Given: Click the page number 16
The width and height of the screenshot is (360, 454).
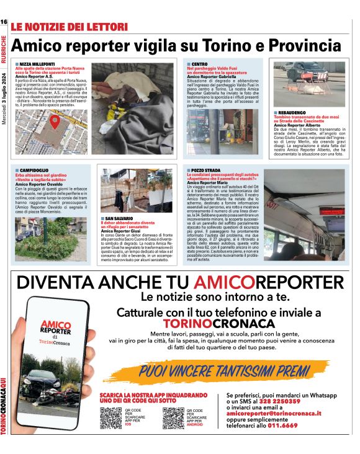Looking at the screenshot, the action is pos(4,22).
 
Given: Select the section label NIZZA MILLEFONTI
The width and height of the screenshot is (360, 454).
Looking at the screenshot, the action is pos(36,64).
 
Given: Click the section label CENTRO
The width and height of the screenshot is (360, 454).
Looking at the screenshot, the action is pos(199,64).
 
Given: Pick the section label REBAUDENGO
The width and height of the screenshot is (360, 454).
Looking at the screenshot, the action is pos(295,112).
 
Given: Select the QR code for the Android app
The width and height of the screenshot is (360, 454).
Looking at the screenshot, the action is pos(173,417).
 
